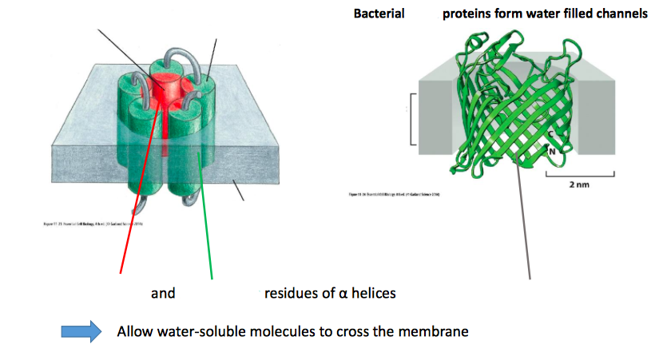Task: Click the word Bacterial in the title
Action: [x=379, y=14]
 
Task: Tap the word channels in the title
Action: [x=620, y=14]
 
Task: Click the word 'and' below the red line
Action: [x=163, y=293]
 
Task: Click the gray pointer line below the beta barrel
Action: [x=528, y=239]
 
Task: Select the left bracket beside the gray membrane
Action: [x=413, y=119]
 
